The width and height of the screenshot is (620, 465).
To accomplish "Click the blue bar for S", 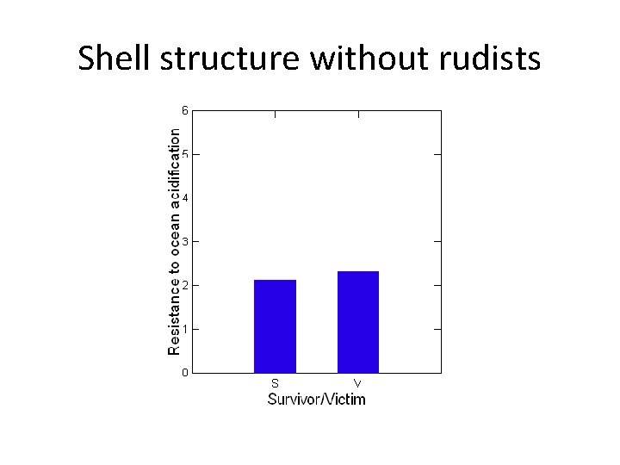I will [x=275, y=326].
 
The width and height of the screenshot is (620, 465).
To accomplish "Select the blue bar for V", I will [x=358, y=322].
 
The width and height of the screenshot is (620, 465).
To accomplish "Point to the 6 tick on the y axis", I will [x=184, y=110].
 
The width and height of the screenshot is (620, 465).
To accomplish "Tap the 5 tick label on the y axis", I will [x=184, y=154].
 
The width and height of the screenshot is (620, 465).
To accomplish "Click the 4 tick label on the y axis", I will [x=184, y=198].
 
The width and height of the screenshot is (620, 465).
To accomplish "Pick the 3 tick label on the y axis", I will [x=184, y=242].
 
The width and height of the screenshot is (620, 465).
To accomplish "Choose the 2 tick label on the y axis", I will [x=184, y=285].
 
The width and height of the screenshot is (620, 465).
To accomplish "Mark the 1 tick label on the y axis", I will [x=184, y=329].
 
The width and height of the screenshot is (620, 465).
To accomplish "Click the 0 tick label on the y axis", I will [x=184, y=373].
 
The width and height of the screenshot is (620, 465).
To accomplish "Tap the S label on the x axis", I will [x=275, y=382].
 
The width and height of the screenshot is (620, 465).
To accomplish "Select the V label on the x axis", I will [x=358, y=382].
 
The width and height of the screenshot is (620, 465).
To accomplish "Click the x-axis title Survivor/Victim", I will [x=316, y=399].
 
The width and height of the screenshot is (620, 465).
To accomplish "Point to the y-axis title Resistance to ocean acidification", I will [x=175, y=242].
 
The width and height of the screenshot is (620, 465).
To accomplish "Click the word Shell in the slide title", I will [x=110, y=59].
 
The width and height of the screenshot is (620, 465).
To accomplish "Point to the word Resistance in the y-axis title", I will [x=175, y=319].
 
